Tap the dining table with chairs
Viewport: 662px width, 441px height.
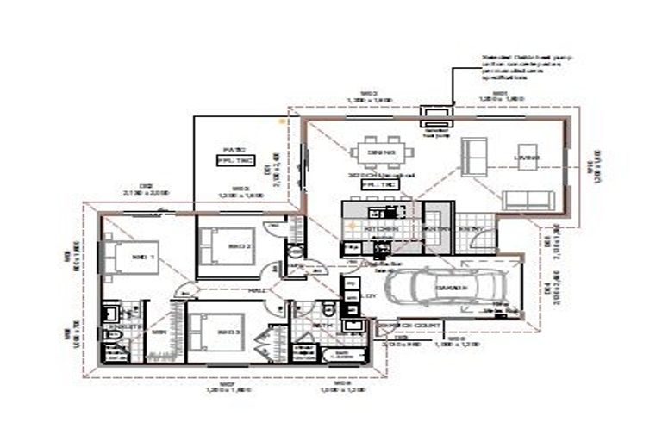(x=381, y=153)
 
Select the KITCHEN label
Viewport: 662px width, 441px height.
(x=380, y=229)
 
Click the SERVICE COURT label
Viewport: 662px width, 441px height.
(x=411, y=326)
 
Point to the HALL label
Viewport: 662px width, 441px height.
(x=256, y=290)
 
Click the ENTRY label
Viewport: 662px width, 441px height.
(x=470, y=229)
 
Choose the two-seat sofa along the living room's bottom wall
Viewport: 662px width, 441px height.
(x=527, y=201)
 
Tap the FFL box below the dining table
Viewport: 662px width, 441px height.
(x=379, y=184)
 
